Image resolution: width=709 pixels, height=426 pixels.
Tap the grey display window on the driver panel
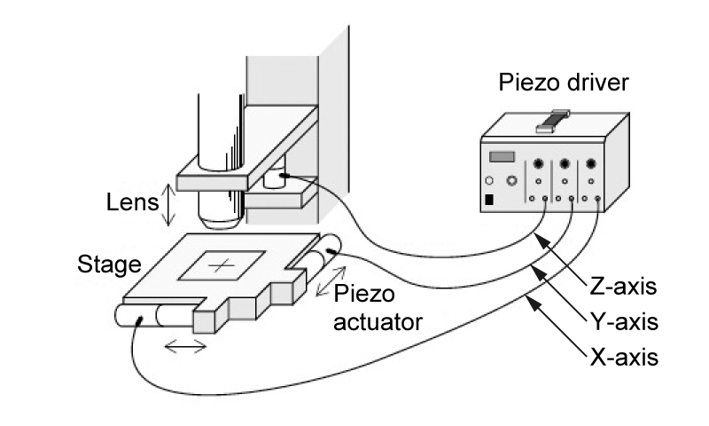tap(503, 157)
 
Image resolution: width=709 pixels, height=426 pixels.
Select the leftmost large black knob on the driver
tap(537, 164)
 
